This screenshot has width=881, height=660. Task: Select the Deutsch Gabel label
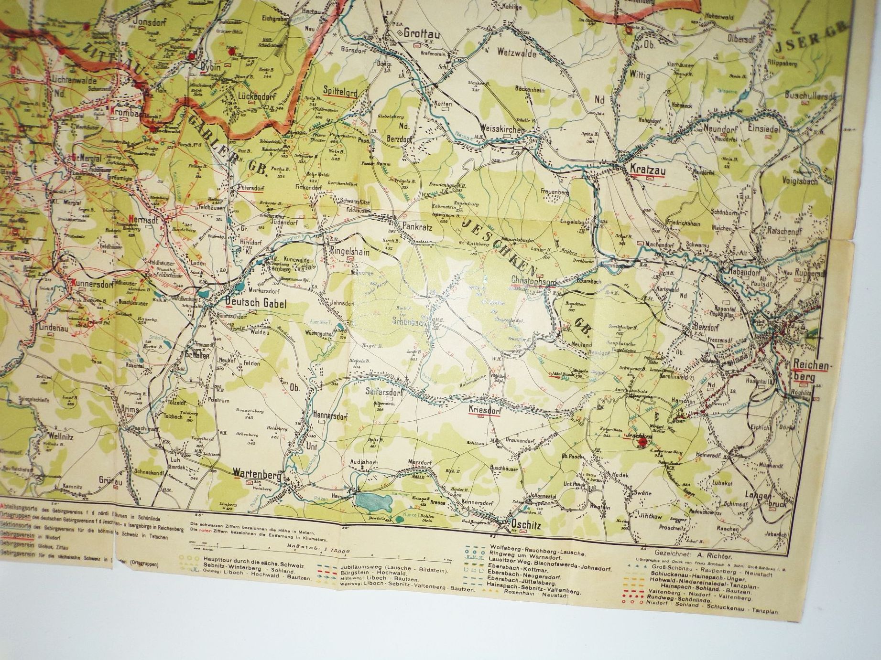[x=255, y=302]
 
